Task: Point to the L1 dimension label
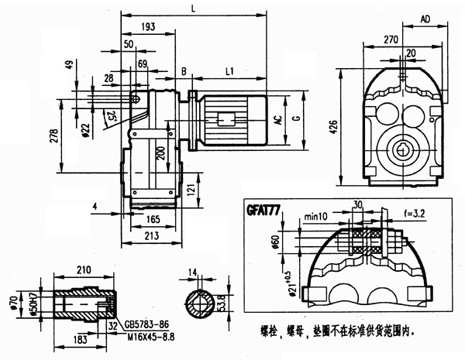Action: click(x=230, y=70)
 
